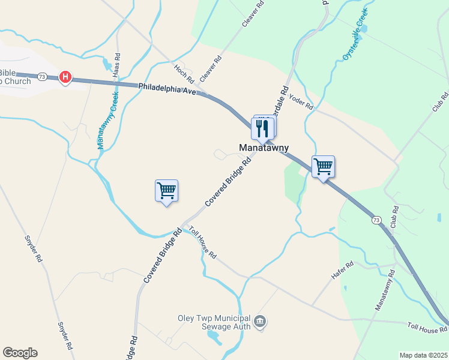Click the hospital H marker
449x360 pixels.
click(66, 77)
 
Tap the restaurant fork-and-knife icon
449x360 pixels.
click(264, 128)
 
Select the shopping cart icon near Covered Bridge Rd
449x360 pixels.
click(166, 191)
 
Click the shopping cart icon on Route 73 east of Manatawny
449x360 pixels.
click(323, 166)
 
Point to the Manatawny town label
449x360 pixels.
click(264, 148)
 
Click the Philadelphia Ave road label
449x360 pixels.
click(167, 92)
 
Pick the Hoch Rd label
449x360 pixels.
click(184, 73)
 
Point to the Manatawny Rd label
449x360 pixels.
click(385, 290)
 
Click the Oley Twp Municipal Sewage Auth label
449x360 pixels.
click(214, 323)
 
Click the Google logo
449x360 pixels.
click(20, 353)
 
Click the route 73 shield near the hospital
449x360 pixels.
click(42, 76)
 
